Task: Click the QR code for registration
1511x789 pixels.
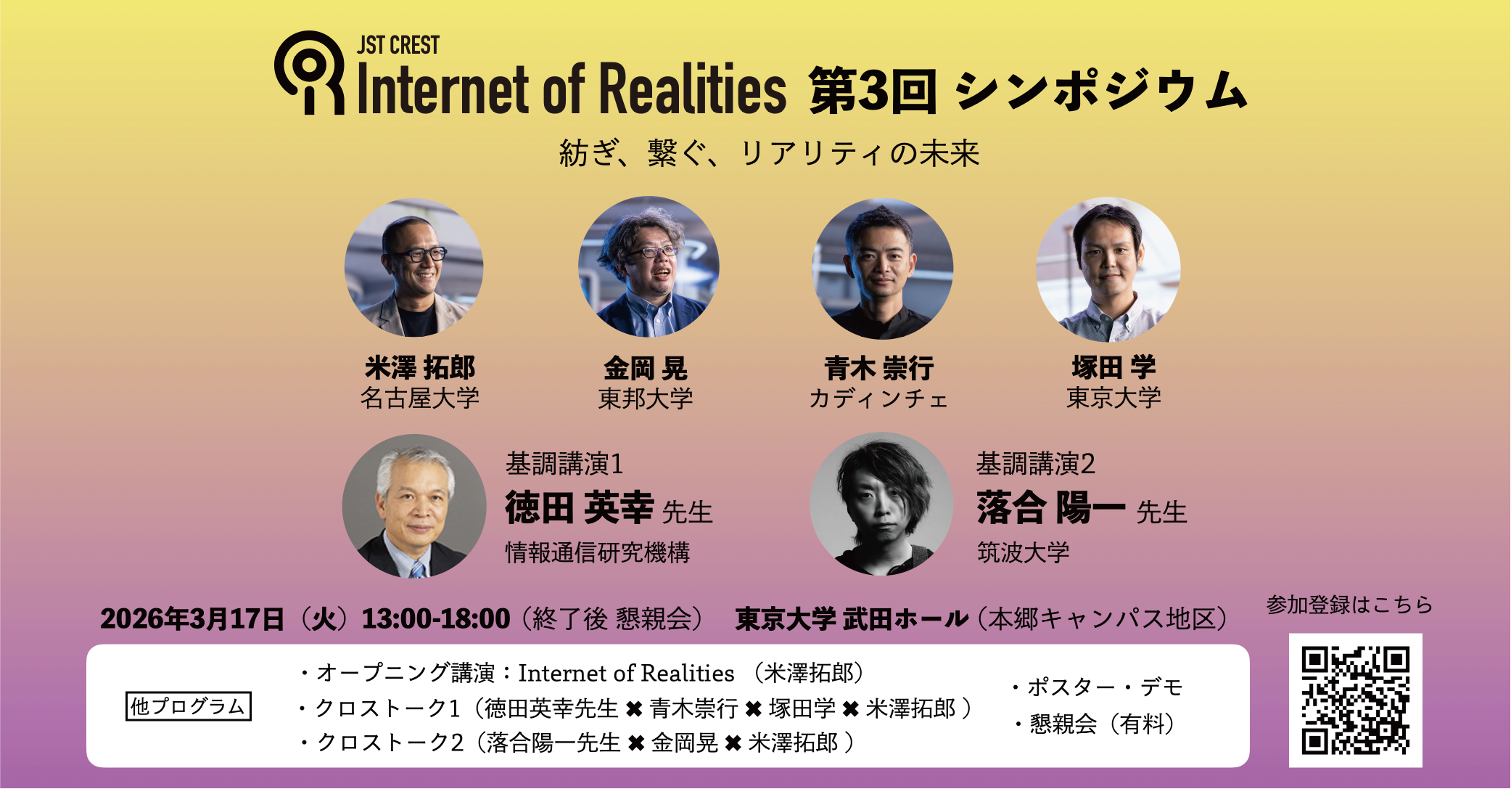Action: (x=1355, y=700)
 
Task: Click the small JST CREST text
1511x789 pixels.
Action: (x=398, y=45)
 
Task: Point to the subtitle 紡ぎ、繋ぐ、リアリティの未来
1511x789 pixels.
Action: (x=769, y=153)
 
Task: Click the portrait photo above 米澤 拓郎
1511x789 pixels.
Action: (x=414, y=267)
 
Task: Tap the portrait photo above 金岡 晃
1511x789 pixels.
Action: (x=649, y=267)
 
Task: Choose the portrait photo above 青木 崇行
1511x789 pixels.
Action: (x=882, y=268)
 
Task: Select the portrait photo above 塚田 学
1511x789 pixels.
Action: (x=1108, y=269)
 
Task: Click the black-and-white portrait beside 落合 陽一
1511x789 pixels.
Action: (x=881, y=504)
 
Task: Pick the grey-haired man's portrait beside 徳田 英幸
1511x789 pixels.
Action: (x=414, y=506)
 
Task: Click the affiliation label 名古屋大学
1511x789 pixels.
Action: (x=420, y=398)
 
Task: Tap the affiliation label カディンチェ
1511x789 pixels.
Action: (x=878, y=398)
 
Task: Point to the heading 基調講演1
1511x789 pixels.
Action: (x=564, y=463)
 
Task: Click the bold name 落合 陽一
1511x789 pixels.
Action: (x=1051, y=507)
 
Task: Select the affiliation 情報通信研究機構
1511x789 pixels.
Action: (x=598, y=552)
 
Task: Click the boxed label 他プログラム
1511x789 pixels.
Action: (x=189, y=706)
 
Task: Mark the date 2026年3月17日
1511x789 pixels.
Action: (x=192, y=618)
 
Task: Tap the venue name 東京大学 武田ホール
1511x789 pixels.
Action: (x=852, y=618)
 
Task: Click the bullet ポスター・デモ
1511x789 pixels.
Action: (x=1098, y=687)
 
